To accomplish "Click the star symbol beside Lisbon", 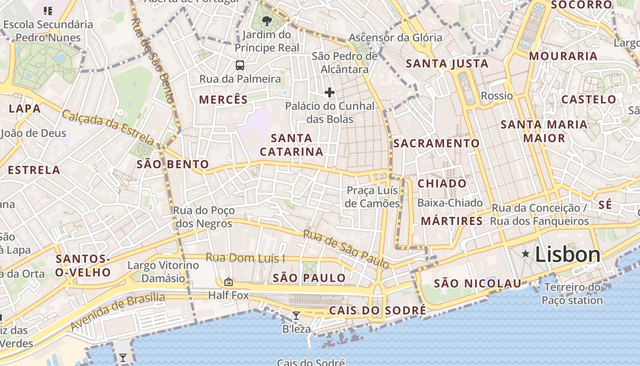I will coord(526,254).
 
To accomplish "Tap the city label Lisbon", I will coord(567,254).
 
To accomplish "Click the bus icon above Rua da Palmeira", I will coord(240,65).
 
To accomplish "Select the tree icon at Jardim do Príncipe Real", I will coord(267,21).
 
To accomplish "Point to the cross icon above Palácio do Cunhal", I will coord(329,92).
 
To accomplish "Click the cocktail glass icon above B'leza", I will coord(296,315).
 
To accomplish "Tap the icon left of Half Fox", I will coord(229,282).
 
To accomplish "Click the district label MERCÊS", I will coord(224,99).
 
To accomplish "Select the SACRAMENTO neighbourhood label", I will coord(437,143).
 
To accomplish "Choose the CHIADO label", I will coord(442,183).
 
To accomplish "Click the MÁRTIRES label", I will coord(452,221).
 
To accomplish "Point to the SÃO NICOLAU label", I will coord(477,284).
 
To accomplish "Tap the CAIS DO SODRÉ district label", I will coord(378,311).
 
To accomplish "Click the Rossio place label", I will coord(497,96).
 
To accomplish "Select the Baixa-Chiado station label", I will coord(450,203).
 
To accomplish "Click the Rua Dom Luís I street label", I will coord(245,258).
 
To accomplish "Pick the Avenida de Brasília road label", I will coord(118,312).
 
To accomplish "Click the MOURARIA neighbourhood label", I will coord(563,56).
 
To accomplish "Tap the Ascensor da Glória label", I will coord(395,38).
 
